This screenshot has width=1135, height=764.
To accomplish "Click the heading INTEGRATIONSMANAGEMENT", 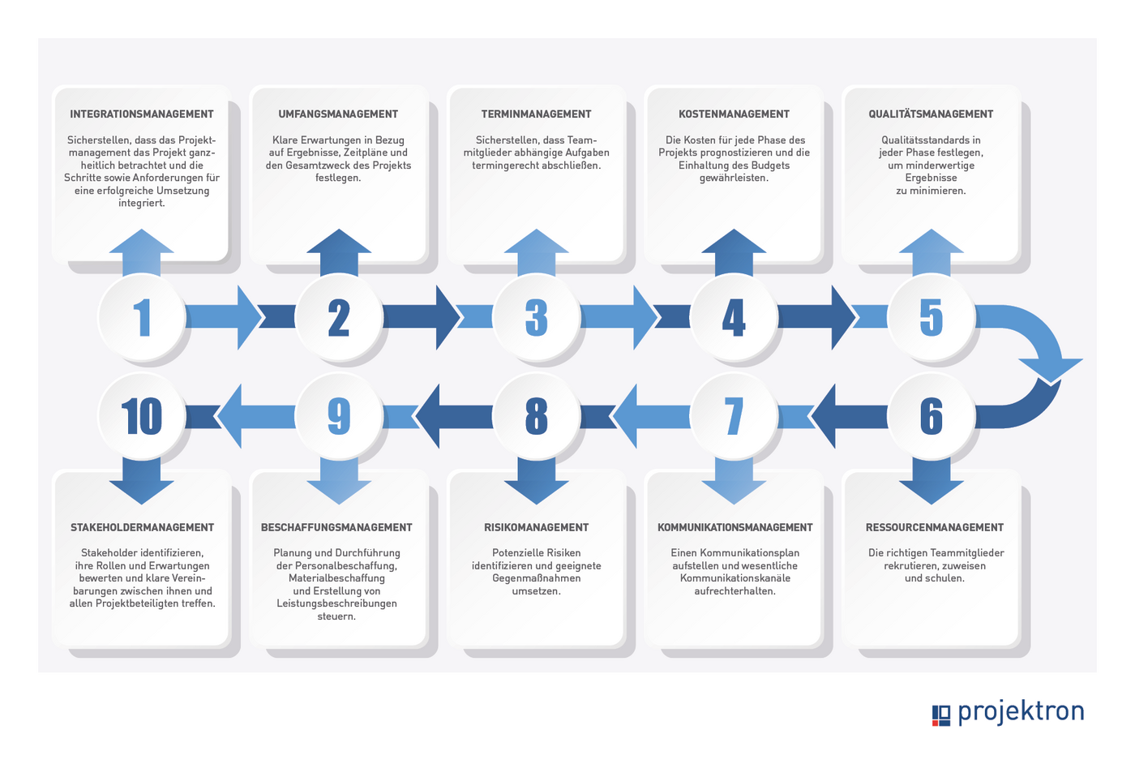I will point(142,114).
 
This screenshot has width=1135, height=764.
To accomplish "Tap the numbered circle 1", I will point(142,317).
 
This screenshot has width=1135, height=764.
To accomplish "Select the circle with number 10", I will point(142,417).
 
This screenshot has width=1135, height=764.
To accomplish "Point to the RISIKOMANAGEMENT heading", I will point(536,527).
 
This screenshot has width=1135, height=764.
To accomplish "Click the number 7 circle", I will point(734,417).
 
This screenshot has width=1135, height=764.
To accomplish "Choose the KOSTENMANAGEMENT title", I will point(734,114).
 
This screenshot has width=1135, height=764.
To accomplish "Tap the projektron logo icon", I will point(941,715).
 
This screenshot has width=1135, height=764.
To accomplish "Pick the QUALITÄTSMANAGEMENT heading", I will point(931,114).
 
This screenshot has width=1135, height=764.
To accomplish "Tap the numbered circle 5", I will point(932,317).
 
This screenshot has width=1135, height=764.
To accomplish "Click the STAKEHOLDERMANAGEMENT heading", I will point(142,527).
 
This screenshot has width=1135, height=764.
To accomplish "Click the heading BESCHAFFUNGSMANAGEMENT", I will point(336,527).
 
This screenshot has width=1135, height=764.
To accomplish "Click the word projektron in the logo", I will point(1021,713).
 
